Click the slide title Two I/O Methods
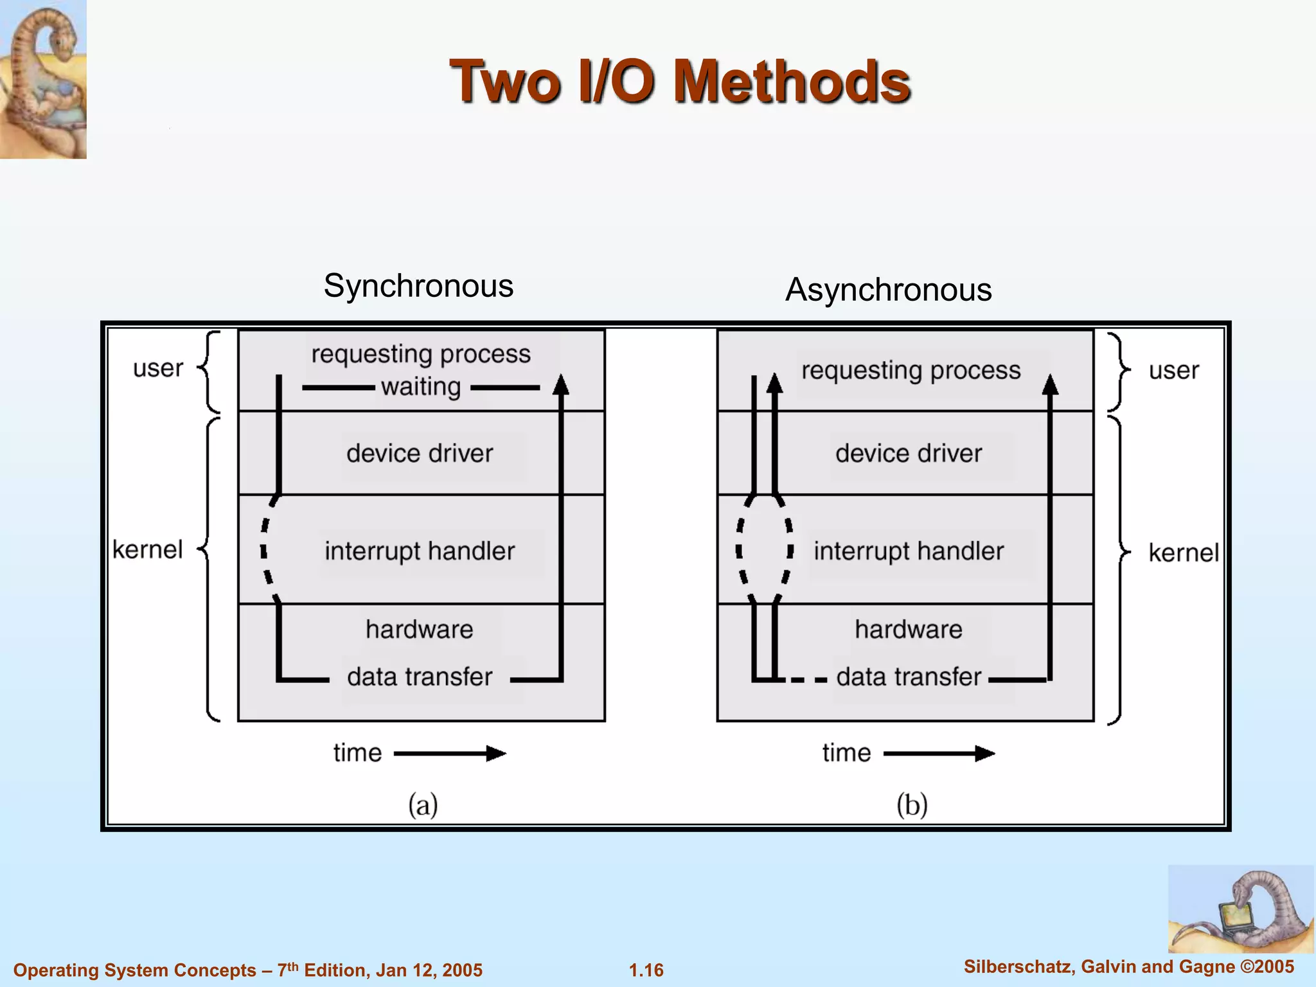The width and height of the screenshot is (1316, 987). [x=680, y=82]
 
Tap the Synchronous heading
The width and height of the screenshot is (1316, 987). [x=418, y=285]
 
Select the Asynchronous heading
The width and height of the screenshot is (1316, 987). [x=888, y=289]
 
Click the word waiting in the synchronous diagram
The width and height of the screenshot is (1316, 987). [x=421, y=387]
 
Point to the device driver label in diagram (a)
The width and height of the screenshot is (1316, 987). [x=420, y=454]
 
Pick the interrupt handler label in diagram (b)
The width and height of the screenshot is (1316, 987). [x=909, y=551]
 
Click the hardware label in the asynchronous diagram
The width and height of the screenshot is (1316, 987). [x=909, y=630]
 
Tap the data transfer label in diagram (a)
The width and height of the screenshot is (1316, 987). [x=420, y=677]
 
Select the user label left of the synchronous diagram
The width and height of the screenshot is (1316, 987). [x=158, y=369]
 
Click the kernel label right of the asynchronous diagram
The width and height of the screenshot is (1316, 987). [x=1183, y=553]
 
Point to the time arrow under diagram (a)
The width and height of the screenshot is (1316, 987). [x=450, y=753]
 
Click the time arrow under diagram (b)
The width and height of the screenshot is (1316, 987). [x=939, y=753]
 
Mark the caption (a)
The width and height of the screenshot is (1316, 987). [x=423, y=805]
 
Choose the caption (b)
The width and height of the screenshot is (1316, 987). [x=912, y=805]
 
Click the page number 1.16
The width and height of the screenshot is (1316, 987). [x=646, y=970]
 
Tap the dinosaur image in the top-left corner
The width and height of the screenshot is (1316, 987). [x=43, y=79]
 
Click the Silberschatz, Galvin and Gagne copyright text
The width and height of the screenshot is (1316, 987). [x=1128, y=966]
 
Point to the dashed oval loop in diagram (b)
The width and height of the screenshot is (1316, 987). [x=765, y=550]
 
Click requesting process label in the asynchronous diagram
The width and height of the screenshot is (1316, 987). [x=911, y=371]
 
